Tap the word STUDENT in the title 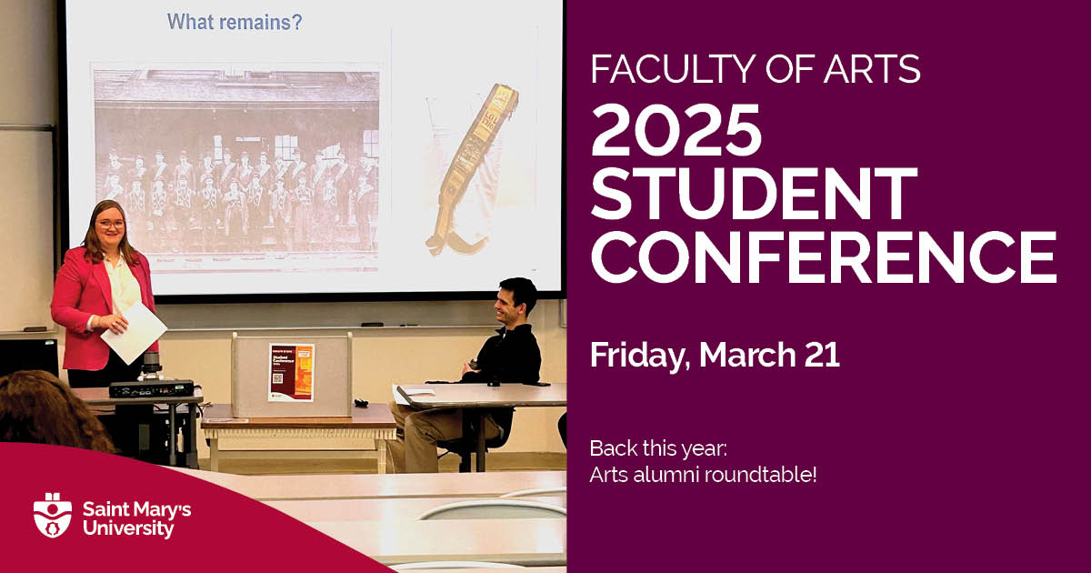click(754, 193)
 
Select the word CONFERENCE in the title click(823, 256)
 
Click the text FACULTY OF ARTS click(755, 68)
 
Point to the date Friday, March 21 click(714, 355)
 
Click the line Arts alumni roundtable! click(703, 474)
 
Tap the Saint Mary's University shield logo click(53, 515)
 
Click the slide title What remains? click(235, 22)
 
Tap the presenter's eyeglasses click(110, 224)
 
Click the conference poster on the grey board click(291, 371)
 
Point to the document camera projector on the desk click(151, 386)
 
